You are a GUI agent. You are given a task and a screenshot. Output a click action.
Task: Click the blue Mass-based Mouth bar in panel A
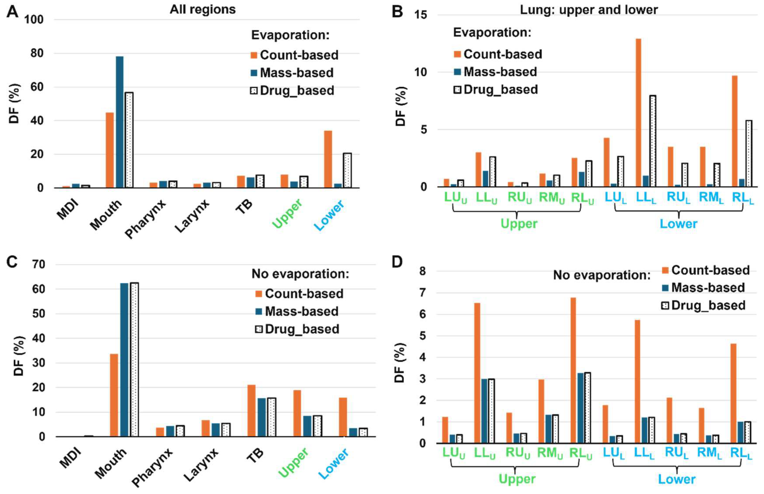point(119,122)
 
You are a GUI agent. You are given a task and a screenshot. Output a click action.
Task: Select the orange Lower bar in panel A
point(328,159)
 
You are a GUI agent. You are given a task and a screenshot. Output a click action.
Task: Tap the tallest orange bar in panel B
point(638,112)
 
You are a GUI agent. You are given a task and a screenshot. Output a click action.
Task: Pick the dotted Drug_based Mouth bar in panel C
point(135,359)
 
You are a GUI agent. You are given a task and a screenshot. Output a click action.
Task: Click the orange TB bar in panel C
point(251,410)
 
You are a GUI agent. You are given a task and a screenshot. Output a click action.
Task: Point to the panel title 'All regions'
point(202,9)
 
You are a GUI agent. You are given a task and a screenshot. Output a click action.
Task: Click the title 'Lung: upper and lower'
point(588,10)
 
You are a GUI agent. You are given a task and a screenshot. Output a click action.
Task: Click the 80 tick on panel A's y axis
point(37,53)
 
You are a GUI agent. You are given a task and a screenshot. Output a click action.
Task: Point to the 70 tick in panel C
point(38,265)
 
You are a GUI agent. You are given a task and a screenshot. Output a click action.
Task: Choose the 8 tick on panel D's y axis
point(422,271)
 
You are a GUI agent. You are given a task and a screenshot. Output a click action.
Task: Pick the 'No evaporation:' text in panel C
point(300,274)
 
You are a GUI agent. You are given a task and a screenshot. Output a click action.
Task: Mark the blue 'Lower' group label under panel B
point(678,224)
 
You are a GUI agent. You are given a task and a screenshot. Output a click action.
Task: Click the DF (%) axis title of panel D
point(400,363)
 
